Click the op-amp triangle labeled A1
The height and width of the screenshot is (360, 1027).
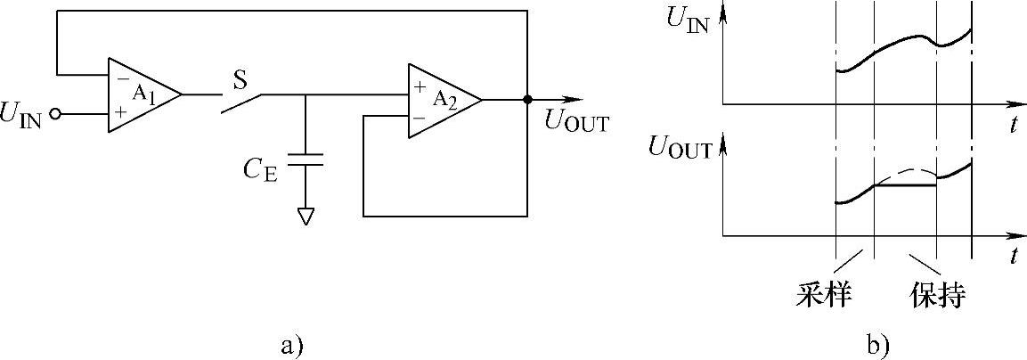click(x=141, y=95)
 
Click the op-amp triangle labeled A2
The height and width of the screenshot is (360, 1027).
click(x=441, y=101)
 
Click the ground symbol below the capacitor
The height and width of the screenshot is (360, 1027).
click(x=306, y=216)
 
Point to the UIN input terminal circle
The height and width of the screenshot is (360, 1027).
click(x=57, y=114)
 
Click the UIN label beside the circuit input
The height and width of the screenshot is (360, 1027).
click(x=25, y=116)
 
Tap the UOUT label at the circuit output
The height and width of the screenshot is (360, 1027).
click(x=576, y=123)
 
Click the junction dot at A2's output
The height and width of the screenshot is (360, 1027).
click(x=527, y=100)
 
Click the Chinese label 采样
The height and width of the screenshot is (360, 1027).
click(x=823, y=295)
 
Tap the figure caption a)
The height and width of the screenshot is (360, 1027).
click(x=292, y=344)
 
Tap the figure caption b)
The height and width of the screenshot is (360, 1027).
click(x=876, y=344)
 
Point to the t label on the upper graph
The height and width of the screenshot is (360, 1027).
click(x=1014, y=125)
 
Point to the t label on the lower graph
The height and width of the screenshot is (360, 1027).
click(x=1014, y=257)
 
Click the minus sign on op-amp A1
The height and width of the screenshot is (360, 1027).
click(x=119, y=78)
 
